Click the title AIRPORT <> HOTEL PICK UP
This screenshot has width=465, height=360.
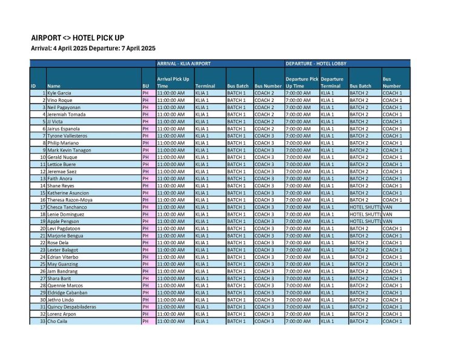77,38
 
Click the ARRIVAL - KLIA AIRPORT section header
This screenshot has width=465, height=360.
183,63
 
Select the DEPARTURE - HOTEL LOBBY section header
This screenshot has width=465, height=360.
315,63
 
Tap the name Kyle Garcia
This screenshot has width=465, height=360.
59,93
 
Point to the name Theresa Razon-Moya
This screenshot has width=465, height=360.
70,200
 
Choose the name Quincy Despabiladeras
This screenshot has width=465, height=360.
71,307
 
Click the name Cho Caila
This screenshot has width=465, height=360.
58,321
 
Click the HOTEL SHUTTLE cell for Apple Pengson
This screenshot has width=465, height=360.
364,221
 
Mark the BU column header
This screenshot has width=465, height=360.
145,86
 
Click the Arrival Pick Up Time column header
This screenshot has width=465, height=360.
173,82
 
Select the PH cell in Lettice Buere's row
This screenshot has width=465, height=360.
145,164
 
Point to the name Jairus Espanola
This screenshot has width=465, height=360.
64,129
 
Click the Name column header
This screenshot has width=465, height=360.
54,86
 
